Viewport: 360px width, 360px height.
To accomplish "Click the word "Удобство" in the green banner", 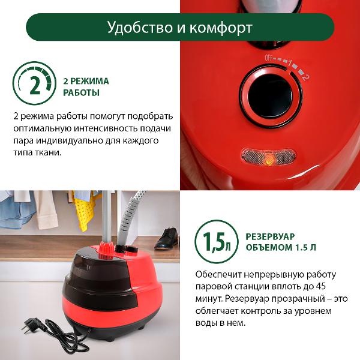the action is click(140, 28).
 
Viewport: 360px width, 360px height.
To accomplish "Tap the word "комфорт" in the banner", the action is click(221, 28).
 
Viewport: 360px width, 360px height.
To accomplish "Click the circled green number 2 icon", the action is click(34, 83).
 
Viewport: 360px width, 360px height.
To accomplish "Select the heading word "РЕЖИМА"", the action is click(89, 81).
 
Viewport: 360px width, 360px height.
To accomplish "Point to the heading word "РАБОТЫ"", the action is click(81, 92).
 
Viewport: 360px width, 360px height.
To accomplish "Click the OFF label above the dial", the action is click(269, 58).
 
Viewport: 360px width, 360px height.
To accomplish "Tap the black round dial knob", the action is click(271, 97).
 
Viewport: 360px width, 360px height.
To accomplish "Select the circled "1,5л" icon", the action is click(217, 242).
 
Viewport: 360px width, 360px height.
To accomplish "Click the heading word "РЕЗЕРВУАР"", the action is click(270, 236).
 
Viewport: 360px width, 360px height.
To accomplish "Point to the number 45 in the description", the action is click(320, 287).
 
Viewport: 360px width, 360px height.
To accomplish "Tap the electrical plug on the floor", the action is click(32, 325).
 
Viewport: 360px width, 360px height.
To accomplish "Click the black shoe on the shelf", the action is click(166, 239).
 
